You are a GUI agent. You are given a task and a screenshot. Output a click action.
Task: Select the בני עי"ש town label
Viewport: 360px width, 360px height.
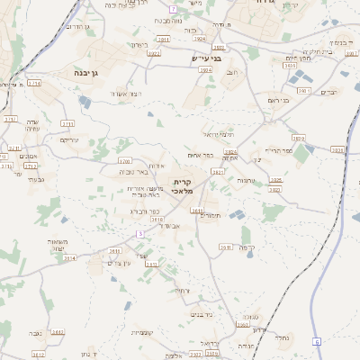[204, 59]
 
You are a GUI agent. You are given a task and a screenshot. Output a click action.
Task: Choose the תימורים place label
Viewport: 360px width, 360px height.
[211, 215]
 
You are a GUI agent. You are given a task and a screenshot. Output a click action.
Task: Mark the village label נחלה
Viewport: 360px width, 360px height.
[281, 339]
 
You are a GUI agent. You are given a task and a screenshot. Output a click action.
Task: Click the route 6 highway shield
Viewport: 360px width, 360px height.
[317, 342]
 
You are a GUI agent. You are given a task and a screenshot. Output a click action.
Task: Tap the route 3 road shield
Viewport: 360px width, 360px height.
[140, 233]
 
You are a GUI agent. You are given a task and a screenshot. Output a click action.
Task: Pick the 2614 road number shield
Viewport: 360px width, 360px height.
[69, 257]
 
